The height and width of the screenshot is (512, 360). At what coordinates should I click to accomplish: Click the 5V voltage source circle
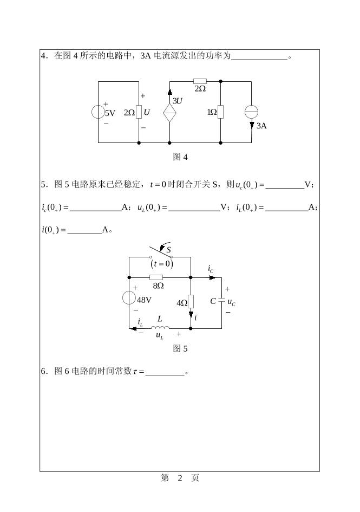99,112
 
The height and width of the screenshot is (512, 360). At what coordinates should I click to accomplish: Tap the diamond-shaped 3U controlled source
169,113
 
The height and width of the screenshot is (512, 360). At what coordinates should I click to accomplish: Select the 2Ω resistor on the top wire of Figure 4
199,81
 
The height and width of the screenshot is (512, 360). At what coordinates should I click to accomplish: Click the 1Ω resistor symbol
221,112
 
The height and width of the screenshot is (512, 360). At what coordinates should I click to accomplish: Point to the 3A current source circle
251,112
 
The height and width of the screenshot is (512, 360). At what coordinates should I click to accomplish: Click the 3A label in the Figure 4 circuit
261,125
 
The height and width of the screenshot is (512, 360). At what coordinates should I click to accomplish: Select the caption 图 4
180,157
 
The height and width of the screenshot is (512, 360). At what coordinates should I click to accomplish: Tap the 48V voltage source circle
129,299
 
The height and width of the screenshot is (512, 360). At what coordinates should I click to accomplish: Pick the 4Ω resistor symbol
191,301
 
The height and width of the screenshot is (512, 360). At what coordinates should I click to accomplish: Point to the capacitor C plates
221,301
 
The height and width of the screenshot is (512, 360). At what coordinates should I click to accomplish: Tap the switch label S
169,250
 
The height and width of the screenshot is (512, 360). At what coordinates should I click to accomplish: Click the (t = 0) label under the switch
161,264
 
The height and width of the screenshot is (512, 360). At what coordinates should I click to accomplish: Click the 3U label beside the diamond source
178,101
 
